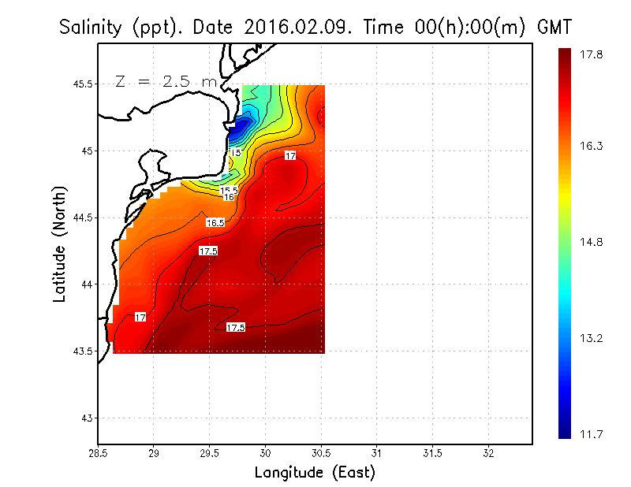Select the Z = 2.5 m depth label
pos(165,81)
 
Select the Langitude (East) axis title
pos(315,473)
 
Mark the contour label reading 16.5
pos(215,223)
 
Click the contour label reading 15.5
pos(229,190)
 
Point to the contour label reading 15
pos(235,152)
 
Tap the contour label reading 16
pos(229,197)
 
